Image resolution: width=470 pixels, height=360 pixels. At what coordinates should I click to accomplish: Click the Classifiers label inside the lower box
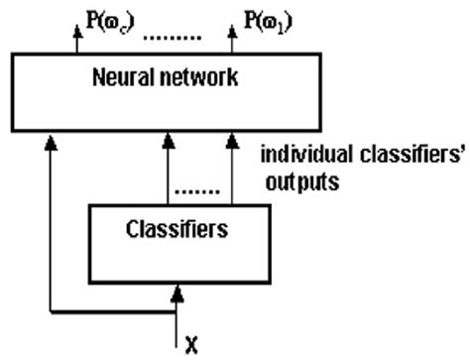point(177,229)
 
